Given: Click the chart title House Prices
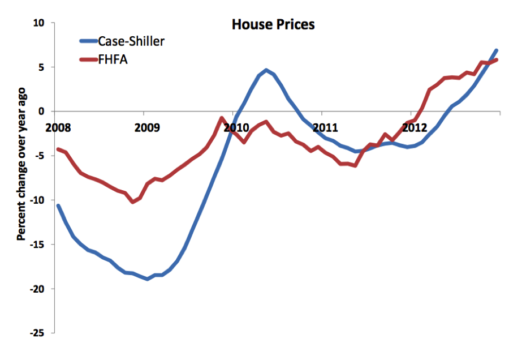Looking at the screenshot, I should pyautogui.click(x=273, y=25).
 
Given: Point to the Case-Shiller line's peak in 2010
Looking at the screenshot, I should pyautogui.click(x=266, y=71).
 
